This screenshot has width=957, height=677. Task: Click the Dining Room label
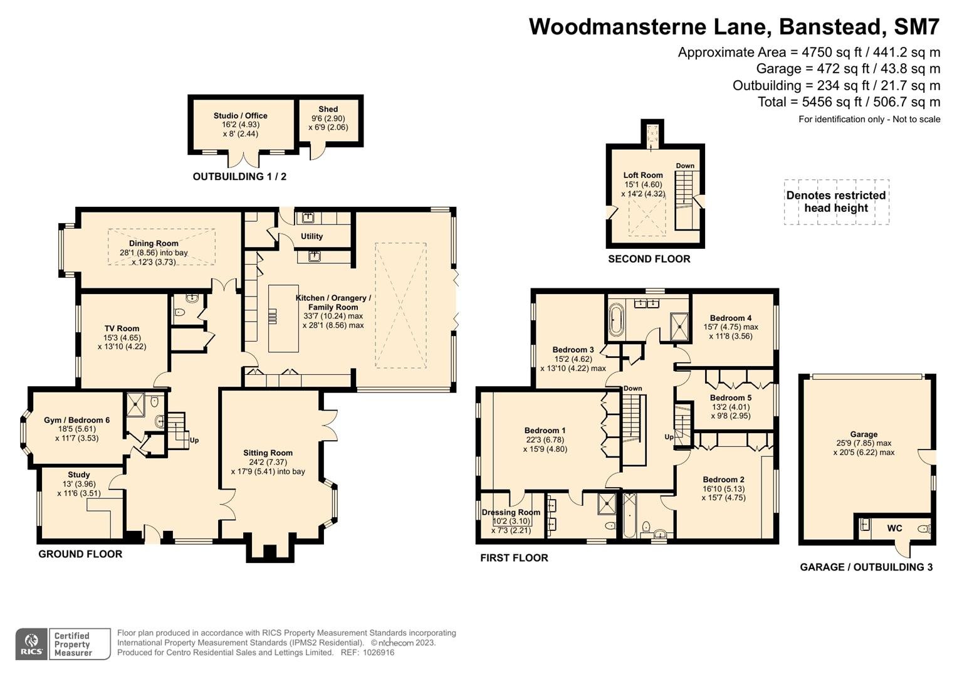point(154,243)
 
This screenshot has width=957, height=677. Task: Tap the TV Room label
point(122,328)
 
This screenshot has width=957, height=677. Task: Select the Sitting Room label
point(268,453)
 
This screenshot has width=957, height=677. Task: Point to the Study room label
point(78,475)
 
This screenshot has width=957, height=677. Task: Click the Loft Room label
point(643,175)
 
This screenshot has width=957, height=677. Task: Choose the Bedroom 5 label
point(731,397)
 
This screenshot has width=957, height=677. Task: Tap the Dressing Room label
point(511,512)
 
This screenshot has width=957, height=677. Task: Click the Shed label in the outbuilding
point(328,109)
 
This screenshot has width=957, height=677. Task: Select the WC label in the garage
point(894,528)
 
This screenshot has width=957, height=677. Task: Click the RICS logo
point(31,644)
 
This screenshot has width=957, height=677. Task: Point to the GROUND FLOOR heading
point(80,554)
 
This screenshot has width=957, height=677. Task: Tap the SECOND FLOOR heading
point(649,258)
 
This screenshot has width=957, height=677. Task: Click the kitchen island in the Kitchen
point(283,318)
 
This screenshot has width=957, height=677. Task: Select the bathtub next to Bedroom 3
point(615,319)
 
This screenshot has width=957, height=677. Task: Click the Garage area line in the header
point(848,68)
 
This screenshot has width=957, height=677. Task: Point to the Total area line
point(849,102)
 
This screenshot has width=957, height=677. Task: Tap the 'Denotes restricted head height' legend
point(836,201)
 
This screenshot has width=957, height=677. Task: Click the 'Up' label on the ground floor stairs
point(194,440)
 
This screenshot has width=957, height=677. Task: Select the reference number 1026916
point(379,653)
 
